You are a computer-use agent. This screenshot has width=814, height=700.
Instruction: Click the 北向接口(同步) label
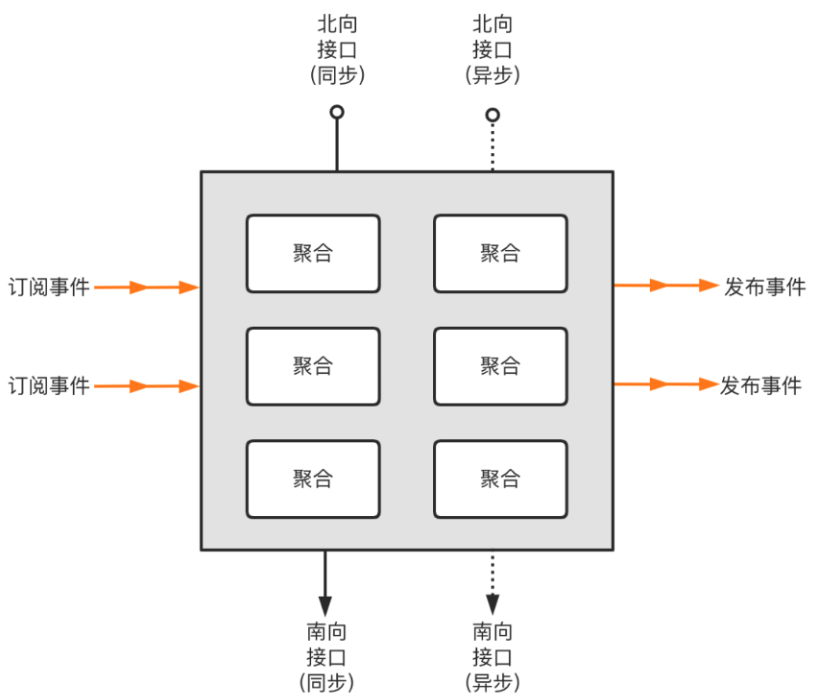pyautogui.click(x=337, y=49)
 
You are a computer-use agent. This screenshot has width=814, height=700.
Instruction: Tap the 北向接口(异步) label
pyautogui.click(x=493, y=49)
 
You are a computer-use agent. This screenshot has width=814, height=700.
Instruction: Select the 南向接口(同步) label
pyautogui.click(x=325, y=656)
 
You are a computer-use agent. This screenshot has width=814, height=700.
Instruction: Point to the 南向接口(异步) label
pyautogui.click(x=493, y=656)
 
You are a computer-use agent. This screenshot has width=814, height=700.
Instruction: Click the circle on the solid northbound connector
pyautogui.click(x=337, y=112)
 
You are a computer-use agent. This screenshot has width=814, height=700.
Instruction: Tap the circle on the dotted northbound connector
pyautogui.click(x=493, y=115)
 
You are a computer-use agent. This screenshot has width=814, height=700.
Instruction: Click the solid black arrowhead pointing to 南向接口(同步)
pyautogui.click(x=324, y=605)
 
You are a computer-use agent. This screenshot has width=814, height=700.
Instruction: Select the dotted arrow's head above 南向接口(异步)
pyautogui.click(x=493, y=604)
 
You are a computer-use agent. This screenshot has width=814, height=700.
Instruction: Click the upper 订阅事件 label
pyautogui.click(x=49, y=287)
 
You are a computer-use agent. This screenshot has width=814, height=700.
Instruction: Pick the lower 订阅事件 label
pyautogui.click(x=49, y=386)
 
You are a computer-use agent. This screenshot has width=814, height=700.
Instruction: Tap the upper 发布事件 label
pyautogui.click(x=764, y=287)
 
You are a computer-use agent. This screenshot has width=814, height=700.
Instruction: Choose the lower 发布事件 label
pyautogui.click(x=761, y=386)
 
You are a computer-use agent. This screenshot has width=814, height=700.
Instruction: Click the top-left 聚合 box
pyautogui.click(x=313, y=254)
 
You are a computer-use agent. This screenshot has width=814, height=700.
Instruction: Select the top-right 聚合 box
pyautogui.click(x=500, y=254)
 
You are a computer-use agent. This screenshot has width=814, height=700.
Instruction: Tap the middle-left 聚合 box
pyautogui.click(x=313, y=366)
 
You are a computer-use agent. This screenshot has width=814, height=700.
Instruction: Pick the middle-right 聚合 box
pyautogui.click(x=500, y=366)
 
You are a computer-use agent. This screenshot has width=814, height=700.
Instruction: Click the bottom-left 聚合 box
pyautogui.click(x=313, y=479)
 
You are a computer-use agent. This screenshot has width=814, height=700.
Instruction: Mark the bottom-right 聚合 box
pyautogui.click(x=500, y=479)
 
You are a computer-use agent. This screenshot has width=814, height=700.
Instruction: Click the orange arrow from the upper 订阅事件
pyautogui.click(x=147, y=288)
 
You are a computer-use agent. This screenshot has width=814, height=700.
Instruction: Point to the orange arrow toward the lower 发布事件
pyautogui.click(x=666, y=384)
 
